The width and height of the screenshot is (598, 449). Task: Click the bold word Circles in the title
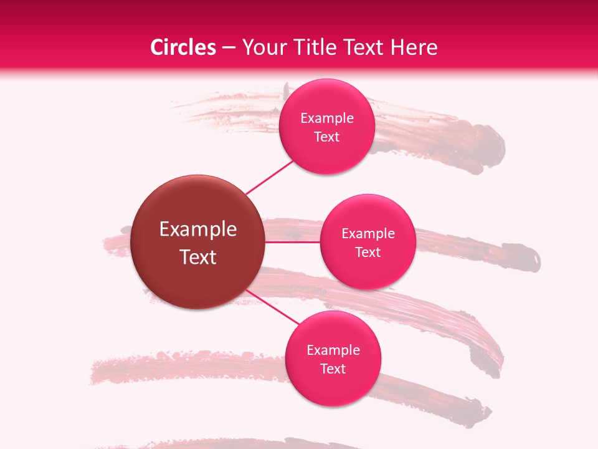(x=183, y=47)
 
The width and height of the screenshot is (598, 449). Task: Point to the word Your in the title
(x=262, y=47)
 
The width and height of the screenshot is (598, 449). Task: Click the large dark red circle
(x=198, y=242)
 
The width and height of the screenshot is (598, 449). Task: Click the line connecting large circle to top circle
(x=269, y=177)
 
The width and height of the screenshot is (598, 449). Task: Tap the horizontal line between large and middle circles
(x=292, y=242)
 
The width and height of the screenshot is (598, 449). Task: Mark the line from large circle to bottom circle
(x=272, y=309)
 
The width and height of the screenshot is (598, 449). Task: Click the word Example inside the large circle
(x=198, y=229)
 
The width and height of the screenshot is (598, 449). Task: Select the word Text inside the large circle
(x=198, y=257)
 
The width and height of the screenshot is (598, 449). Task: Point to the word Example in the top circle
(x=327, y=118)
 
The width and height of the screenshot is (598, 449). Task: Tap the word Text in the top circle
(x=327, y=137)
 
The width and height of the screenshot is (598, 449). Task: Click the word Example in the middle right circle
(x=368, y=234)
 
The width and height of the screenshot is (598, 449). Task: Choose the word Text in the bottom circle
(x=333, y=369)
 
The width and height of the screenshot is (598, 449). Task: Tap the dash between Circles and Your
(x=229, y=48)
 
